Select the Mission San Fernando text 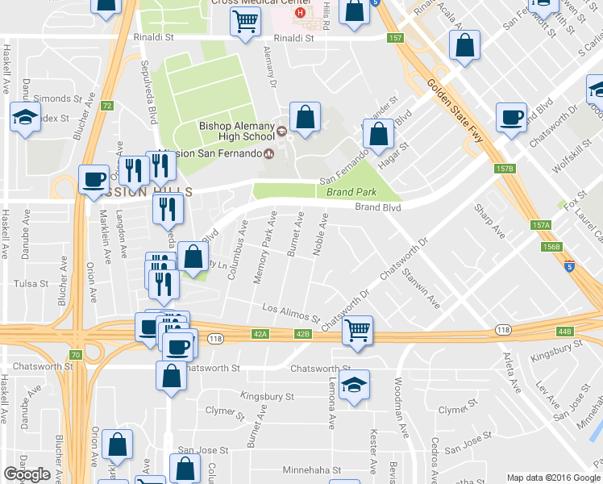pyautogui.click(x=218, y=154)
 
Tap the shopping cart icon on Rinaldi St pyautogui.click(x=245, y=23)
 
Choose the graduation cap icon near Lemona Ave pyautogui.click(x=354, y=386)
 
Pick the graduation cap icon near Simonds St pyautogui.click(x=26, y=116)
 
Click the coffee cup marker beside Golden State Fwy pyautogui.click(x=511, y=118)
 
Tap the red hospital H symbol pyautogui.click(x=301, y=13)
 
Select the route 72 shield pyautogui.click(x=107, y=106)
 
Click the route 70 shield pyautogui.click(x=75, y=355)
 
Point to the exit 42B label pyautogui.click(x=302, y=333)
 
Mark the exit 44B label pyautogui.click(x=563, y=332)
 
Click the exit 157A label pyautogui.click(x=540, y=226)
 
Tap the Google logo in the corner pyautogui.click(x=27, y=474)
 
